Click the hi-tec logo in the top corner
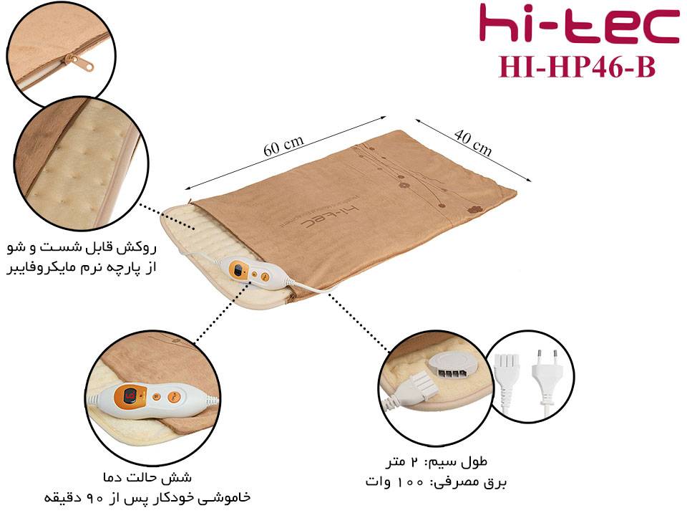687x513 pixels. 579,23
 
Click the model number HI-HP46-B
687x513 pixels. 577,67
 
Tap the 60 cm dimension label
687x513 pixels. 283,145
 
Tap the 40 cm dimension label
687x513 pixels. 473,142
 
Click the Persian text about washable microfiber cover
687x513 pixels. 82,257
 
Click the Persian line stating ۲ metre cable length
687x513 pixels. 437,461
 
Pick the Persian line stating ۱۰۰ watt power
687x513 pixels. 436,482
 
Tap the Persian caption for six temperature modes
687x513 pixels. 147,477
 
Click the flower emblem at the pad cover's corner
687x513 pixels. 474,209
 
